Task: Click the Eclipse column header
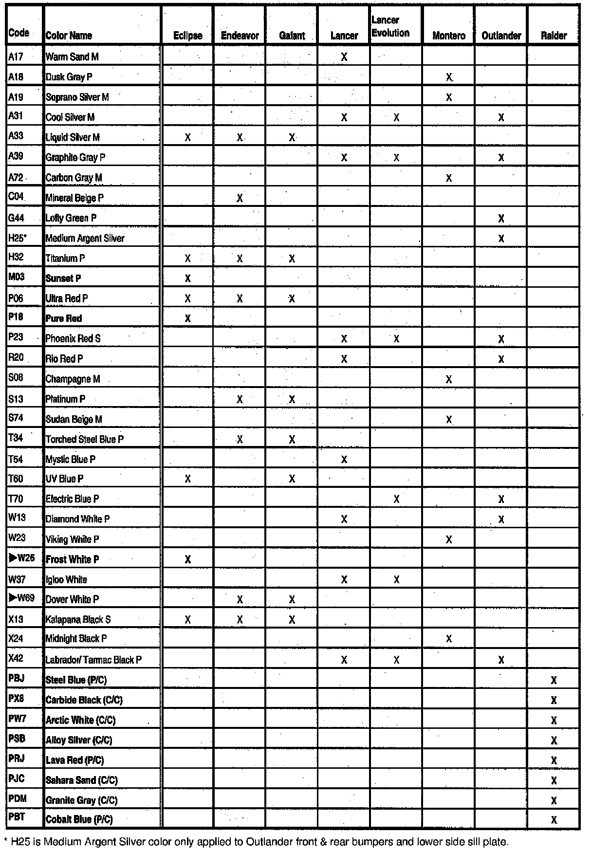(187, 36)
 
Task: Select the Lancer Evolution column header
(390, 27)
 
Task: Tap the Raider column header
(554, 36)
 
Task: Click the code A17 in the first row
(16, 56)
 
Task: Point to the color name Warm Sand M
(72, 57)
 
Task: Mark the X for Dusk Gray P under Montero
(449, 77)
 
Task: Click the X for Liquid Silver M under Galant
(292, 137)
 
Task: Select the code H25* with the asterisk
(18, 238)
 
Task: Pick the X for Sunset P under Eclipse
(187, 278)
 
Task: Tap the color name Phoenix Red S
(73, 338)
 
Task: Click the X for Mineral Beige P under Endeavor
(240, 198)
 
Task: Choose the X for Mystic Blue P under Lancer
(344, 459)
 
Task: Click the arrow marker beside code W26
(13, 558)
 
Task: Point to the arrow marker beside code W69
(13, 598)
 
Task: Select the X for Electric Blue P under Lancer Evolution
(396, 499)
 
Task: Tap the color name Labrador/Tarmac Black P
(93, 660)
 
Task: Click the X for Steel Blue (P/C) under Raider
(554, 680)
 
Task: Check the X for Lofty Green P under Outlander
(501, 219)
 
